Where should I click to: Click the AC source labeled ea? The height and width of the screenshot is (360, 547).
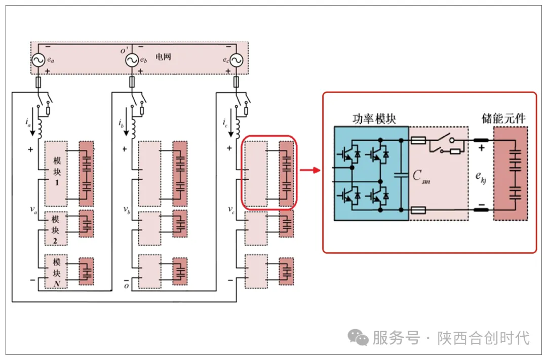(x=38, y=60)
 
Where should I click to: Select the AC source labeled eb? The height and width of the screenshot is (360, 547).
(x=132, y=60)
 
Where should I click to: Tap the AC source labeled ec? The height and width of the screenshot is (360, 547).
(x=236, y=60)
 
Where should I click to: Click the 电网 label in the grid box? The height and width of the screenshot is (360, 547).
(x=163, y=57)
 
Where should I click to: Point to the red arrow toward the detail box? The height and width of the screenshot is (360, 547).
(x=310, y=170)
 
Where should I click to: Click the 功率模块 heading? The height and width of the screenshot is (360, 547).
(x=374, y=119)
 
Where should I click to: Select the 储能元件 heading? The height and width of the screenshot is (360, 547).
(x=503, y=118)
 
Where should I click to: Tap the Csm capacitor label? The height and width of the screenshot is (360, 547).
(x=421, y=176)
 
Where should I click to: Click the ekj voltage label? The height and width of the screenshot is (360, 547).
(x=481, y=177)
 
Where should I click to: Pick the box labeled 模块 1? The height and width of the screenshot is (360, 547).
(x=56, y=174)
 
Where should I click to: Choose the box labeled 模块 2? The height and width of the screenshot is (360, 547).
(x=56, y=228)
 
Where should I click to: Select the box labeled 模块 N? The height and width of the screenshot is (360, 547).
(x=56, y=271)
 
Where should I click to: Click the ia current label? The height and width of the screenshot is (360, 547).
(x=27, y=123)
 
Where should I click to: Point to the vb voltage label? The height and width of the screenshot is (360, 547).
(x=127, y=210)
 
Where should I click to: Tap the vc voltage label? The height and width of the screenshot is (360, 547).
(x=231, y=210)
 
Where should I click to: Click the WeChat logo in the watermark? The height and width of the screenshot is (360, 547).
(x=358, y=337)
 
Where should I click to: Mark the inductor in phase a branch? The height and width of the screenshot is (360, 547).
(x=40, y=129)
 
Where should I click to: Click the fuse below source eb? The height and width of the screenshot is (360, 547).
(x=132, y=83)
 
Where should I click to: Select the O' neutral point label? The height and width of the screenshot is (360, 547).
(x=124, y=51)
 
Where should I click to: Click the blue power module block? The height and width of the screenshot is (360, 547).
(x=371, y=173)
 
